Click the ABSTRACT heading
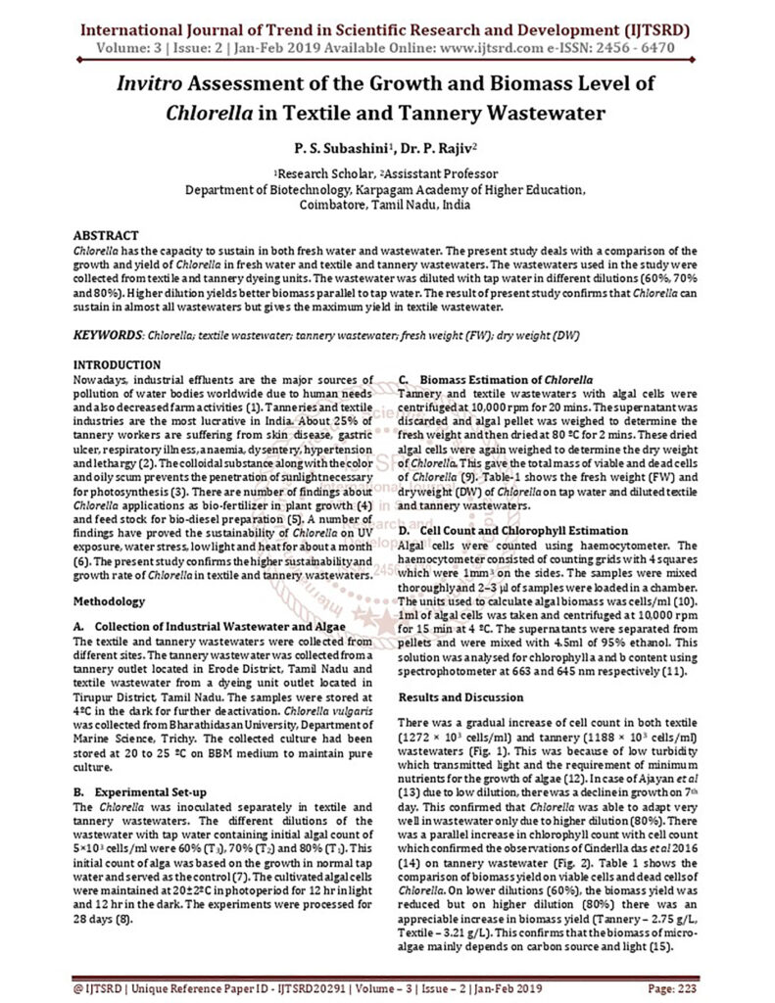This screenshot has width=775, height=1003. coord(107,237)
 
